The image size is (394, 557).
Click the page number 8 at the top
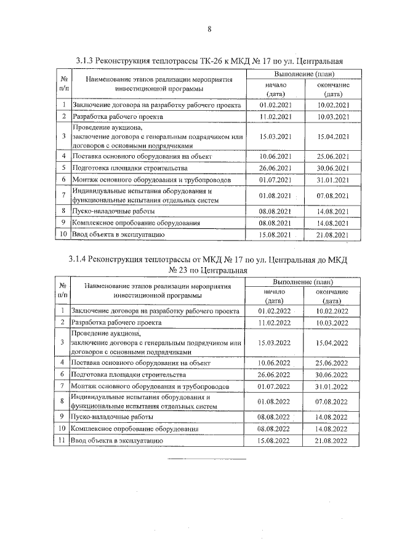coord(209,28)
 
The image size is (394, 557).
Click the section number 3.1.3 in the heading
coord(84,61)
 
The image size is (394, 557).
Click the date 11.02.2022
coord(274,322)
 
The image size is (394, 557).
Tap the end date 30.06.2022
coord(332,374)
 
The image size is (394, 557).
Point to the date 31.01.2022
coord(332,386)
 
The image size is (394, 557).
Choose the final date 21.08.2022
coord(332,441)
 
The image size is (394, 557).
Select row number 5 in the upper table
coord(63,168)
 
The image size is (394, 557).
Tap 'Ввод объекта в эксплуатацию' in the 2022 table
coord(117,441)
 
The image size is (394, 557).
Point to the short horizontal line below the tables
coord(207,459)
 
